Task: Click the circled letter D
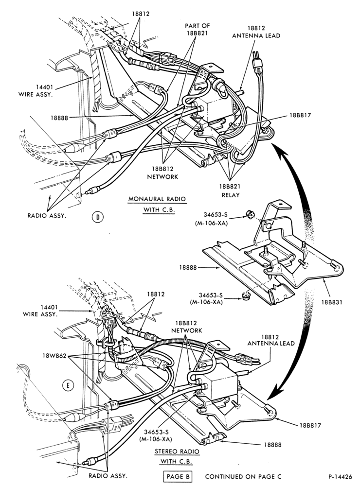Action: pos(98,217)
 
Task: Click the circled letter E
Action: pos(68,385)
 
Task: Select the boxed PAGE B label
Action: pos(178,476)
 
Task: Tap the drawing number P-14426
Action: pos(340,477)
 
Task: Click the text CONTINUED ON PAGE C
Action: pos(243,476)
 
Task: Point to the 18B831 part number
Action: pos(331,302)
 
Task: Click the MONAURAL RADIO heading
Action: pos(157,199)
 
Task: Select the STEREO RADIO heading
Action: pos(177,451)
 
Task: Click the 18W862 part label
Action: pos(54,356)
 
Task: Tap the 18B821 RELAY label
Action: pos(230,191)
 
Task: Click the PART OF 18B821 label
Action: pos(198,29)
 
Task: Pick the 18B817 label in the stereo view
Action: pos(310,426)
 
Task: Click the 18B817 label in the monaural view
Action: pos(301,115)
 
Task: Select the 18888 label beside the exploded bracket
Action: pos(188,267)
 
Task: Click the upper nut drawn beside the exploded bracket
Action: pos(248,213)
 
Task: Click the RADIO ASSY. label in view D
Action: pos(47,216)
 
